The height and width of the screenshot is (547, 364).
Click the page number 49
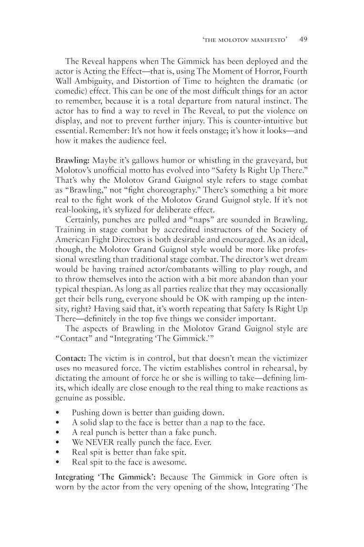tap(303, 41)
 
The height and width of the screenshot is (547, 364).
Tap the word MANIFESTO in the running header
tap(266, 41)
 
